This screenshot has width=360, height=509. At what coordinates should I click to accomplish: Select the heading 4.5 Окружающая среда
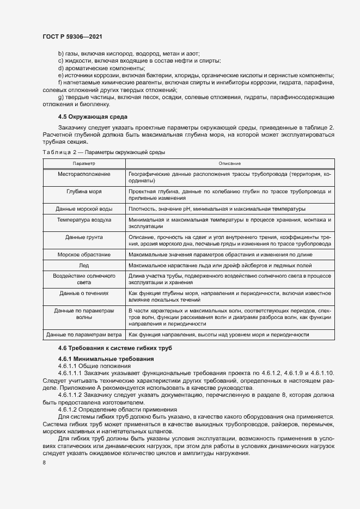point(93,116)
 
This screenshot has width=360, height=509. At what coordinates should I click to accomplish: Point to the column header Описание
point(229,163)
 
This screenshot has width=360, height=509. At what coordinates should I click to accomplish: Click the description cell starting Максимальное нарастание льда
point(220,265)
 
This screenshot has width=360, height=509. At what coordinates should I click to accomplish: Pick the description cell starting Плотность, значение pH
point(217,208)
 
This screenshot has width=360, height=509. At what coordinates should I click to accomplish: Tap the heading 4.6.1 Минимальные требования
point(106,359)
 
